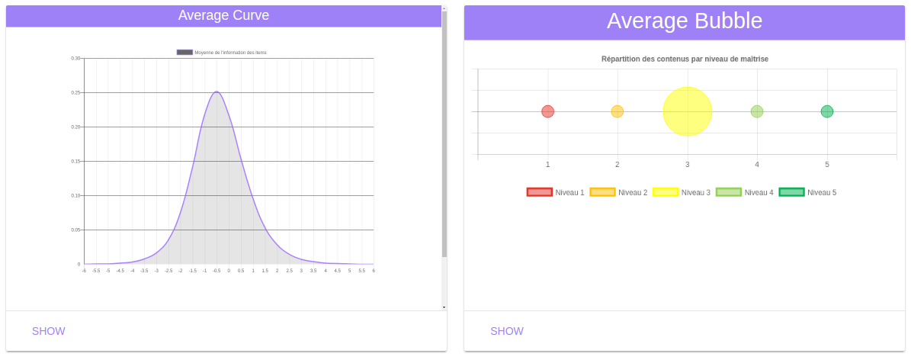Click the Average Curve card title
point(223,15)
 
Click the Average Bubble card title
point(684,21)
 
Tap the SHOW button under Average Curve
point(49,331)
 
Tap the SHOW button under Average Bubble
point(507,331)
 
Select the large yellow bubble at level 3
point(688,111)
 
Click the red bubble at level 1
point(547,111)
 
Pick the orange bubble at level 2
point(617,111)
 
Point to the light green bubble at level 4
point(757,111)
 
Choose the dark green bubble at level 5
point(827,111)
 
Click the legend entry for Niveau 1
point(555,192)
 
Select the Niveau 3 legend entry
point(681,192)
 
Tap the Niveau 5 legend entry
point(807,192)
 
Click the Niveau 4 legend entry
point(744,192)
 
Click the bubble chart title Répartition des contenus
point(685,59)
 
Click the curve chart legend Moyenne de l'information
point(222,53)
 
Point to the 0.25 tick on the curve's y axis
point(75,92)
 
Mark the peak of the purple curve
point(217,92)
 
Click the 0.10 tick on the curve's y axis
point(75,195)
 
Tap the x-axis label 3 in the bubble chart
point(688,164)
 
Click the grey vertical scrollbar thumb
point(444,133)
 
